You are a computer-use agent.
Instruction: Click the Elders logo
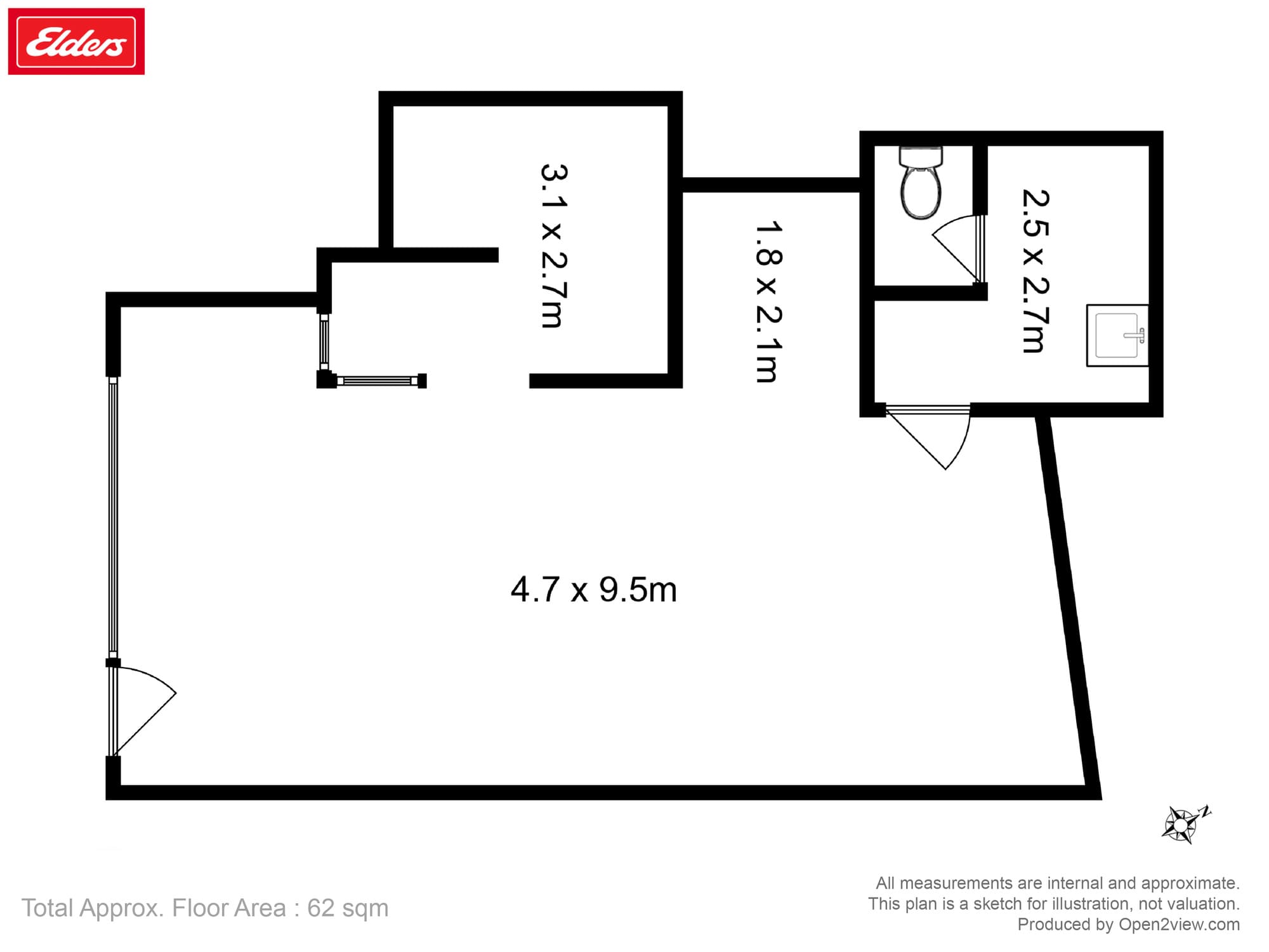[x=76, y=42]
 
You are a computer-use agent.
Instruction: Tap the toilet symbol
[x=921, y=183]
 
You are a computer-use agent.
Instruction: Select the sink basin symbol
[x=1117, y=336]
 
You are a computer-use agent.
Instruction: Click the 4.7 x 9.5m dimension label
[x=593, y=590]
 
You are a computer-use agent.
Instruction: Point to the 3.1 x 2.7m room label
[x=553, y=246]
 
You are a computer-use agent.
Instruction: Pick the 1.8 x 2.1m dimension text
[x=768, y=301]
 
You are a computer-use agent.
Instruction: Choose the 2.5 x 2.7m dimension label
[x=1035, y=271]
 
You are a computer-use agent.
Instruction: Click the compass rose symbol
[x=1181, y=824]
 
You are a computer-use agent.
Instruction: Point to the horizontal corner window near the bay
[x=377, y=381]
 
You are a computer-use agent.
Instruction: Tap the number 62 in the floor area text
[x=321, y=908]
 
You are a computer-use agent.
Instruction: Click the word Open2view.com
[x=1179, y=924]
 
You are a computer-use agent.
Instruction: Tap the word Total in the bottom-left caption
[x=48, y=908]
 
